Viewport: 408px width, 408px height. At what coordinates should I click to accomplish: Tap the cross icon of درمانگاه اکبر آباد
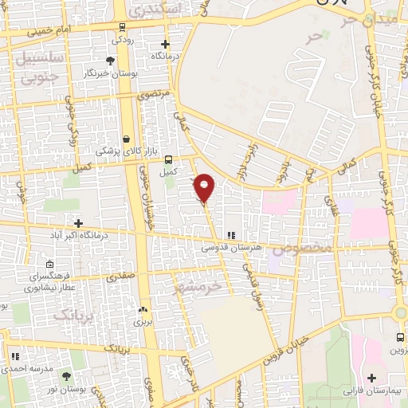click(x=78, y=223)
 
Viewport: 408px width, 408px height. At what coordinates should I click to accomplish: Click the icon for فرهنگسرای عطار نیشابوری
click(x=50, y=265)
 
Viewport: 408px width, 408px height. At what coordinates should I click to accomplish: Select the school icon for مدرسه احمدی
click(x=14, y=356)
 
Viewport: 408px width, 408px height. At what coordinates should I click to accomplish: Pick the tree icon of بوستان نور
click(x=66, y=375)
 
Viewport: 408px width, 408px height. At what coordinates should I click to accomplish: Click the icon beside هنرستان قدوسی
click(x=231, y=235)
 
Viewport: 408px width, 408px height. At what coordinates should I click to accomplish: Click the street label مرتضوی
click(x=155, y=95)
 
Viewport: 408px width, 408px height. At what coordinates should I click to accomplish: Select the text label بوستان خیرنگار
click(x=107, y=73)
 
